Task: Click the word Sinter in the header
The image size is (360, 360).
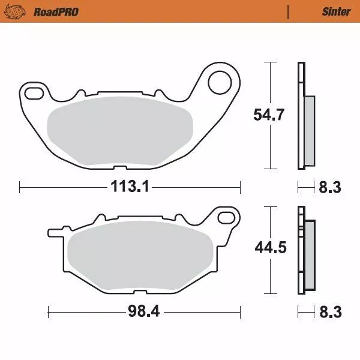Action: pos(336,11)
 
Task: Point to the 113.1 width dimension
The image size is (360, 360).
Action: pos(129,187)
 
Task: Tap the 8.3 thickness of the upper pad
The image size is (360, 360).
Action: pos(329,188)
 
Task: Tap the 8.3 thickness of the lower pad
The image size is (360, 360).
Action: pos(329,311)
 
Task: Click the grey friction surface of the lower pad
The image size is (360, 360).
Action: pos(142,257)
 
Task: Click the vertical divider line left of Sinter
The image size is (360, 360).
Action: pos(289,11)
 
